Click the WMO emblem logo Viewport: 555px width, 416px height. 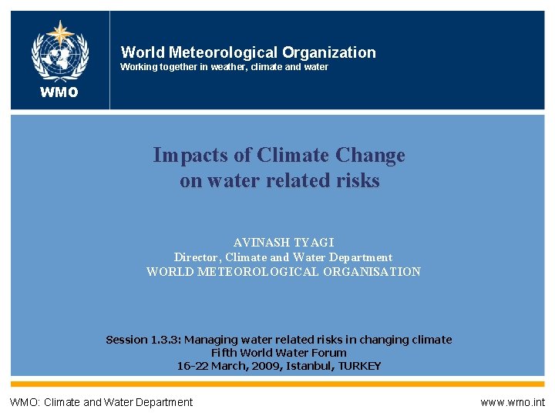tap(60, 51)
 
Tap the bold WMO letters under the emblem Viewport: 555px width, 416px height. tap(60, 93)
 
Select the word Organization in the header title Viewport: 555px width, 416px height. tap(329, 52)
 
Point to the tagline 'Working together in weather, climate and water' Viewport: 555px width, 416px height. tap(224, 67)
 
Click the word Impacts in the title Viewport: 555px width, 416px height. tap(190, 155)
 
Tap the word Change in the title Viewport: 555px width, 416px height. tap(370, 155)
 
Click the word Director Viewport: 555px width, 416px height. tap(197, 257)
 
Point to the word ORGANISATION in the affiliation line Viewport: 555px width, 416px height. tap(371, 271)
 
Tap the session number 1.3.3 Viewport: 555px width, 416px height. tap(164, 340)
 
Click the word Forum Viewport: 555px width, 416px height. tap(329, 353)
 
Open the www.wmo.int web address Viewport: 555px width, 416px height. tap(512, 402)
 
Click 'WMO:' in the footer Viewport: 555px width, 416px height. tap(25, 402)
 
